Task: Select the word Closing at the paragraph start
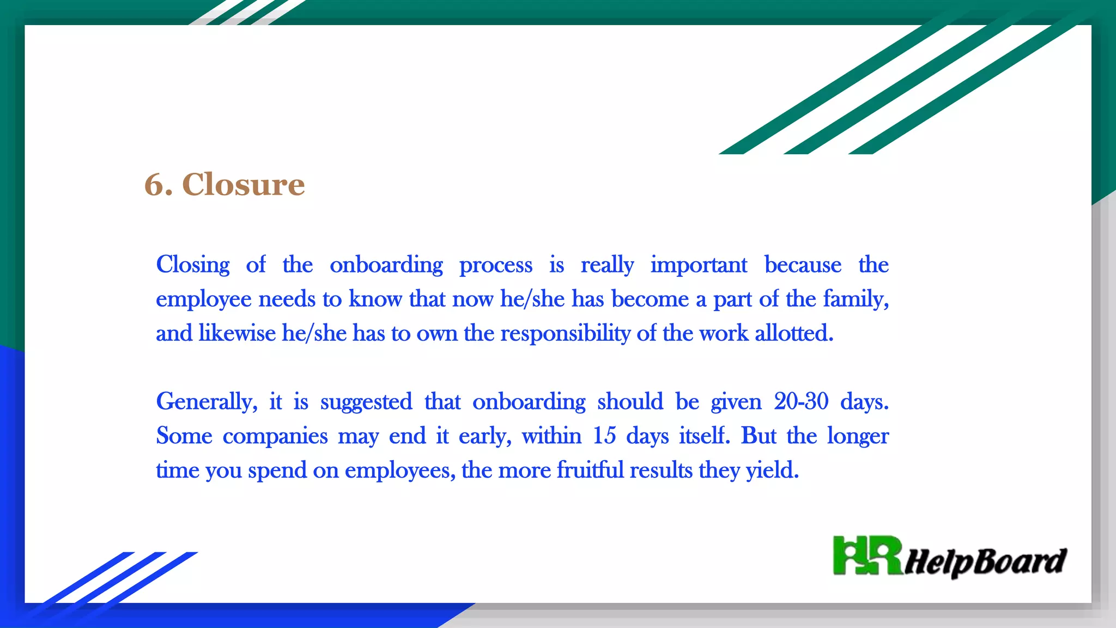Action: point(193,265)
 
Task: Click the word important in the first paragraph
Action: point(699,265)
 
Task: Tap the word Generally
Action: point(206,402)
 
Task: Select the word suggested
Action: point(366,402)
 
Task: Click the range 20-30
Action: point(801,402)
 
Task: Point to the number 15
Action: point(604,436)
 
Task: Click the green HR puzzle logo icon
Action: point(867,555)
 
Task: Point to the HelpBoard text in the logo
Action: point(986,561)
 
